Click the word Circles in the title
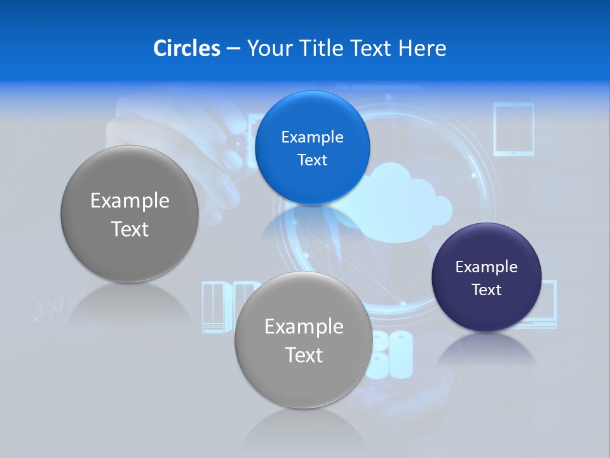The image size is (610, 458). pyautogui.click(x=186, y=48)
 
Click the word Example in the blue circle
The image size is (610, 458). pyautogui.click(x=312, y=137)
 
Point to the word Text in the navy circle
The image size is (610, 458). pyautogui.click(x=487, y=290)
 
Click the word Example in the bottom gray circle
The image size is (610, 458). pyautogui.click(x=304, y=326)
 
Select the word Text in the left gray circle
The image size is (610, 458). pyautogui.click(x=130, y=229)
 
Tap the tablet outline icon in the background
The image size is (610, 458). pyautogui.click(x=513, y=130)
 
